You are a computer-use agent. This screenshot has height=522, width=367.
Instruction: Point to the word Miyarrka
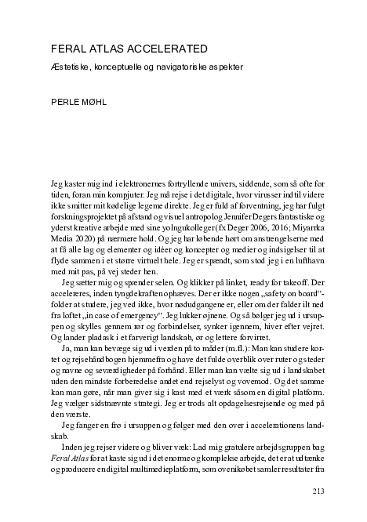click(x=295, y=242)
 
